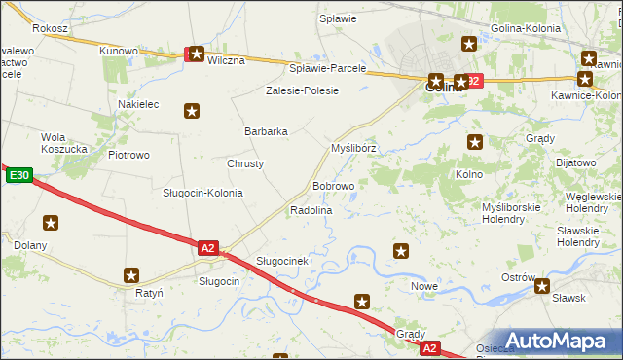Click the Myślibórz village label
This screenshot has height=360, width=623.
(x=353, y=148)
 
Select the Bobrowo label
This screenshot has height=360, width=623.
(x=333, y=185)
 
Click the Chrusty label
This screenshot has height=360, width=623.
(x=245, y=163)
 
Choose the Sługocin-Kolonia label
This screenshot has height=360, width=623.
(x=202, y=193)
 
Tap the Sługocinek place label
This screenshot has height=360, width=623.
(x=282, y=261)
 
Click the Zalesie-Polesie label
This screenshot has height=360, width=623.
(x=302, y=90)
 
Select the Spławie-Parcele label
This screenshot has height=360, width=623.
(x=328, y=68)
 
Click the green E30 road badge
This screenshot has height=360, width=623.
(x=19, y=176)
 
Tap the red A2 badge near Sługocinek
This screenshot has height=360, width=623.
(x=207, y=248)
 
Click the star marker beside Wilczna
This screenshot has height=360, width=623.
(x=197, y=54)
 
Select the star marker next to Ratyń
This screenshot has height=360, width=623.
(x=132, y=275)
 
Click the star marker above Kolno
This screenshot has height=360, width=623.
(x=474, y=141)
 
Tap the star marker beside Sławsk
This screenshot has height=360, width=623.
(x=542, y=286)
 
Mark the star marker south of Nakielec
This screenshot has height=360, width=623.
(x=192, y=111)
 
